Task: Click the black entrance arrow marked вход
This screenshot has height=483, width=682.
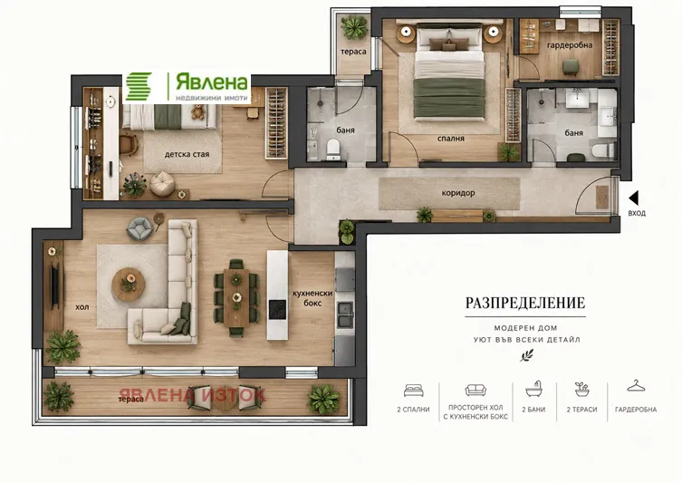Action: point(634,198)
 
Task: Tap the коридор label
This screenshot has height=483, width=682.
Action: point(458,193)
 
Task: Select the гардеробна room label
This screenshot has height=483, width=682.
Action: point(570,45)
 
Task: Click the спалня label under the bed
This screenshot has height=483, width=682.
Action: point(451,139)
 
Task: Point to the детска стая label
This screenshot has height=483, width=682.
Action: point(187,154)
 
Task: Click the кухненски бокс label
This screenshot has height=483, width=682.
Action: point(312,298)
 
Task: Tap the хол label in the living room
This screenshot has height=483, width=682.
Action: point(82,307)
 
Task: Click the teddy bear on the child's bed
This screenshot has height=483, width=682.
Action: point(198,111)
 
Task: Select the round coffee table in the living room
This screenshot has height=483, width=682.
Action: point(129,285)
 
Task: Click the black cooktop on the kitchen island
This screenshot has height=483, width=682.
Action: point(277,309)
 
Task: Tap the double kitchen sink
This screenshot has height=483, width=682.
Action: point(345,314)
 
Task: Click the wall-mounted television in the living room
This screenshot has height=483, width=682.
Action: point(55,285)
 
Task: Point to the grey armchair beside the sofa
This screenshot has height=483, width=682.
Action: point(139,229)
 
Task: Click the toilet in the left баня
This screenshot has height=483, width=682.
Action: point(333,149)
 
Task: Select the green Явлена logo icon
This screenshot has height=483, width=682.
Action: point(139,87)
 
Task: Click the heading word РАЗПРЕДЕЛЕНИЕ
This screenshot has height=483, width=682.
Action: point(525,303)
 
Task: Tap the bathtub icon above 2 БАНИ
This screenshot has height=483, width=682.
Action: point(533,389)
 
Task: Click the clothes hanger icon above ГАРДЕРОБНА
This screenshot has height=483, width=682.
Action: point(636,385)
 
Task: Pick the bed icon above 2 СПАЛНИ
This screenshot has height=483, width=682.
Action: point(413,391)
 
